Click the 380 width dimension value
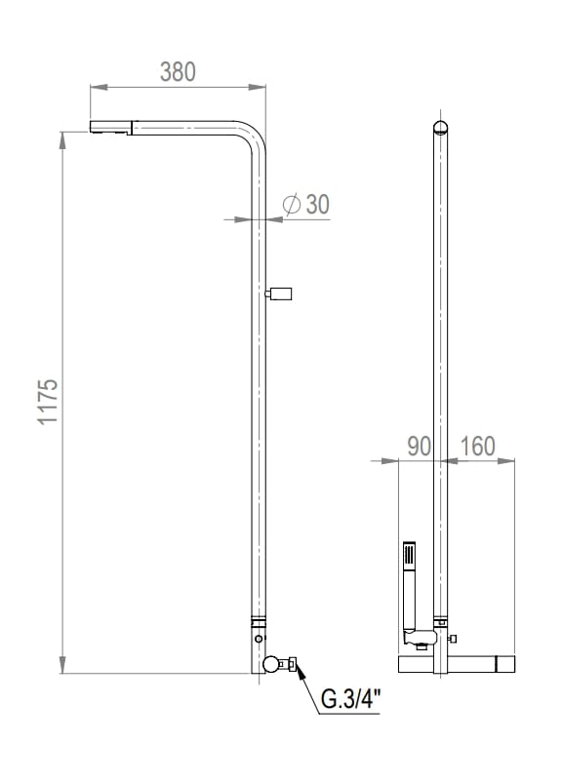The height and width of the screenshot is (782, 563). coord(178,71)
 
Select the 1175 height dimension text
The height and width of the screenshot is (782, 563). coord(49,401)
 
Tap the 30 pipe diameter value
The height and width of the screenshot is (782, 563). coord(318,204)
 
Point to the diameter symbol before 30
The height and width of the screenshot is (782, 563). coord(291,204)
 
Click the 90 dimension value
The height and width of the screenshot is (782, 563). coord(419,447)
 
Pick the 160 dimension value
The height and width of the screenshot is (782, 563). coord(476,447)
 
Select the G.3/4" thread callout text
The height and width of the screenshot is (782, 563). coord(350,700)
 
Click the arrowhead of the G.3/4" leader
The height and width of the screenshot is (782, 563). coord(299,671)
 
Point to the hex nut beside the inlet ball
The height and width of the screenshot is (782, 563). coord(288,665)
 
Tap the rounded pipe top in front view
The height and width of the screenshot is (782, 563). coord(441,125)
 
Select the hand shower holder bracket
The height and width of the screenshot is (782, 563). coord(418,640)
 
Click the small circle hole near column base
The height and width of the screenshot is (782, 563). coord(258,639)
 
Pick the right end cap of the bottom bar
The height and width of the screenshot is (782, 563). coord(504,665)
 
